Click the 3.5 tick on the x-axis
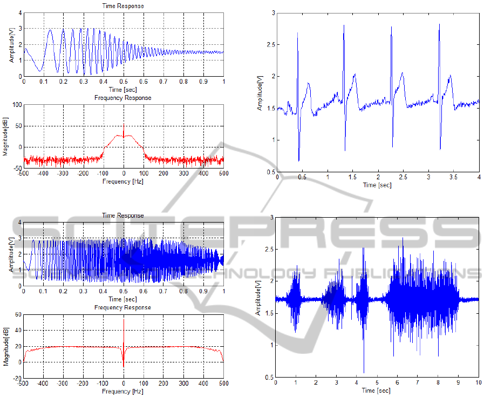pyautogui.click(x=454, y=177)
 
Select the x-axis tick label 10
pyautogui.click(x=478, y=382)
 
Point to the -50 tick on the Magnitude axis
pyautogui.click(x=17, y=168)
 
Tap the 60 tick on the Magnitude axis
pyautogui.click(x=18, y=314)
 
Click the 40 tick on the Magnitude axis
pyautogui.click(x=18, y=330)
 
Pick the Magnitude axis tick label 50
pyautogui.click(x=18, y=126)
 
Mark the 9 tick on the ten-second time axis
pyautogui.click(x=458, y=382)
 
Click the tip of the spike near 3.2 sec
pyautogui.click(x=439, y=24)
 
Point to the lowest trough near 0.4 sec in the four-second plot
pyautogui.click(x=299, y=161)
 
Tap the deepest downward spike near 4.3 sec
pyautogui.click(x=364, y=373)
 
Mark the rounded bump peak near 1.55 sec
pyautogui.click(x=354, y=74)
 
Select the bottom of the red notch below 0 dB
pyautogui.click(x=124, y=367)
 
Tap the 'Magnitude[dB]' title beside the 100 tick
pyautogui.click(x=5, y=136)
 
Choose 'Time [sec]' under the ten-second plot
pyautogui.click(x=377, y=389)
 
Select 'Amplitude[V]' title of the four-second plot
pyautogui.click(x=260, y=92)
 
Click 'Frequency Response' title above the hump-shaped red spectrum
pyautogui.click(x=123, y=98)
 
